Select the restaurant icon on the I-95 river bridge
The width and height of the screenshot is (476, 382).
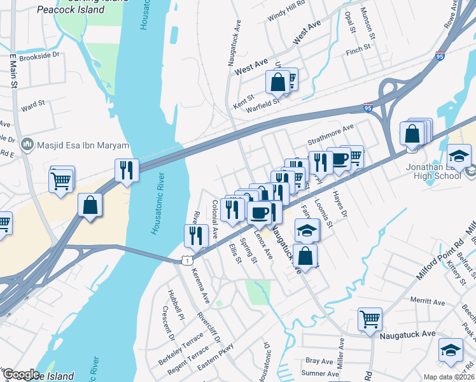(x=126, y=170)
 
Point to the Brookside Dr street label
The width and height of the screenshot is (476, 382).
(x=39, y=55)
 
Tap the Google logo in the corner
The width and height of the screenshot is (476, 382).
(x=21, y=374)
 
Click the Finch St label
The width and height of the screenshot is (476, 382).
(x=358, y=49)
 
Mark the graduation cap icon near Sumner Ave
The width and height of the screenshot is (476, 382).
(x=451, y=350)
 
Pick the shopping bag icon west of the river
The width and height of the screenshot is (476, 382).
(x=90, y=205)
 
